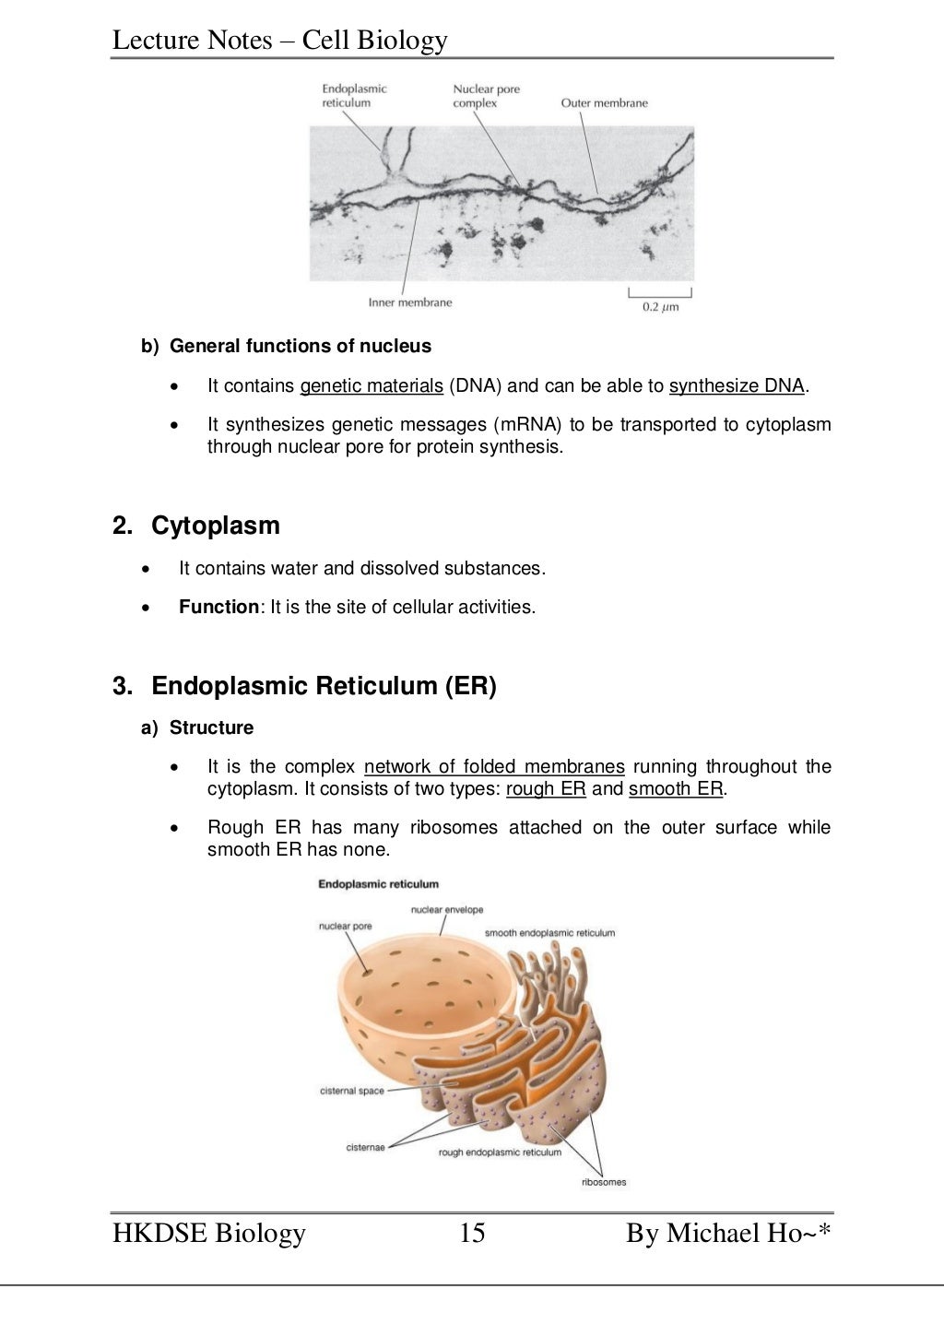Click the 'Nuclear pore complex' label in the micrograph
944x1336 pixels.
[486, 96]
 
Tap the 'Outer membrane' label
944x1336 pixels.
[604, 103]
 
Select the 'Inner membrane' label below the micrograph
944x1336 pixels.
[410, 301]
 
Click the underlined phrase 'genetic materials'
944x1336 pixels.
[372, 385]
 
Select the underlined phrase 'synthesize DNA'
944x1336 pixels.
[737, 385]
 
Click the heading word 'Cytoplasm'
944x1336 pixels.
[215, 526]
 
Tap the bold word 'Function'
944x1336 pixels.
[219, 607]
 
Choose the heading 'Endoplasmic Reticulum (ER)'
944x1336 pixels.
[324, 686]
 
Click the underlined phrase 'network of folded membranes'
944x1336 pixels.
[494, 766]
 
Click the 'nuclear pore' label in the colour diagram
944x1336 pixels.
[345, 926]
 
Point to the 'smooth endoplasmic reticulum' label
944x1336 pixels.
[549, 932]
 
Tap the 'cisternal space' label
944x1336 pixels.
[351, 1091]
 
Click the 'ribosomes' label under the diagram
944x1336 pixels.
[604, 1182]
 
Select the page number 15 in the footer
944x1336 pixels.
[471, 1233]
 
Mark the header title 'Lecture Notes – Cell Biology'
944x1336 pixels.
[280, 40]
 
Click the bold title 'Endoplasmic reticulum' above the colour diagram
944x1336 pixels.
[378, 883]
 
